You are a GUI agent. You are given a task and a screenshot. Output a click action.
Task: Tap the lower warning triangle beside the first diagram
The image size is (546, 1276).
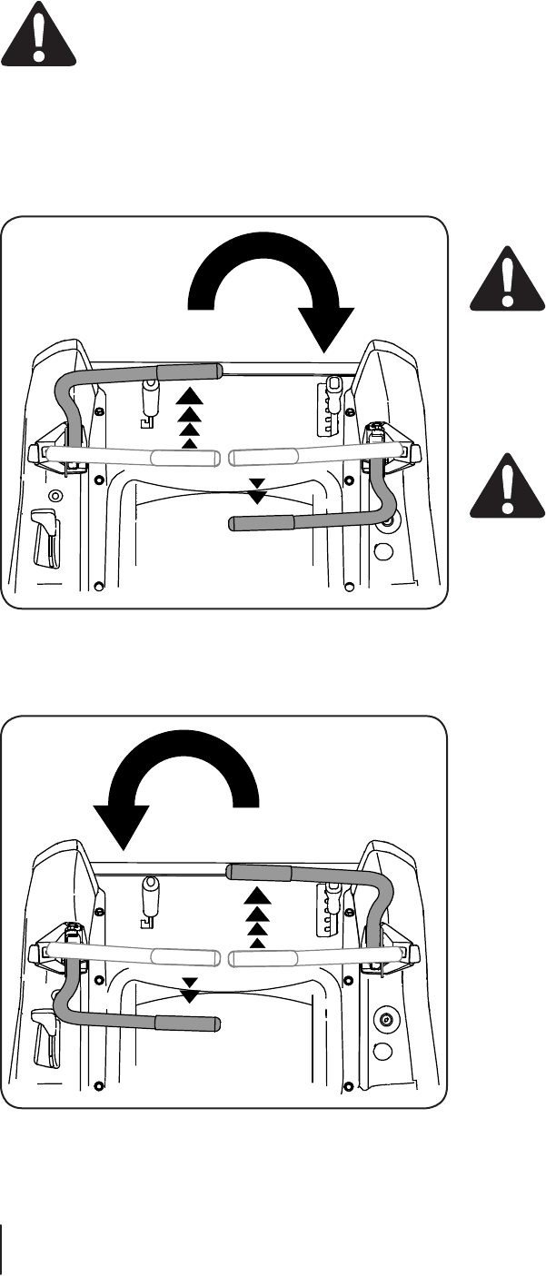point(508,487)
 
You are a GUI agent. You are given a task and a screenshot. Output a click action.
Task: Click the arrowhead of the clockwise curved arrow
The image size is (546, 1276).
point(326,329)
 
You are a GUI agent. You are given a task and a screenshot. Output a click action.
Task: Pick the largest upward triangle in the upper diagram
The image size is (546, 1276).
point(187,397)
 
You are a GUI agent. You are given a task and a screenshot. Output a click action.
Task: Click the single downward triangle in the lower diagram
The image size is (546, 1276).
point(189,994)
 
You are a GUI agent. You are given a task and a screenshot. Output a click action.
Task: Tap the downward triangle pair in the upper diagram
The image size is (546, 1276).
point(258,490)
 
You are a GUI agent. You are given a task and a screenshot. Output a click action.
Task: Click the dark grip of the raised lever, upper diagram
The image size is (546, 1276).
point(189,371)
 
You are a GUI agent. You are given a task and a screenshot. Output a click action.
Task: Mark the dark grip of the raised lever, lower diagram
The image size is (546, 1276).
point(259,873)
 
